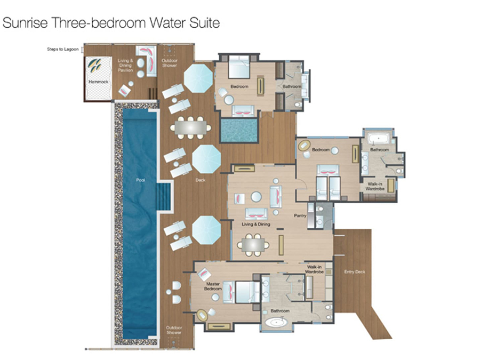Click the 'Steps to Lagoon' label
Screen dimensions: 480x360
coord(63,49)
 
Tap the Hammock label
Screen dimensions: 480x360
coord(98,82)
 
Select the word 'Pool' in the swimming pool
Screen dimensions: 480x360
coord(140,180)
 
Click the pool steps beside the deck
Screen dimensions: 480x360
coord(164,196)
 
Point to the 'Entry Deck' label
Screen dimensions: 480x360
coord(355,272)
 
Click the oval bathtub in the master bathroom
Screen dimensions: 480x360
coord(276,322)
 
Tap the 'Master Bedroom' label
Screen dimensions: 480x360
coord(213,286)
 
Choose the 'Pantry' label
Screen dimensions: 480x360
coord(300,215)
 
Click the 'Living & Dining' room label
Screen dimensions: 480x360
coord(256,224)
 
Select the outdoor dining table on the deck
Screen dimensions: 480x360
coord(190,127)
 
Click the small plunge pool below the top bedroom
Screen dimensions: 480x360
coord(239,131)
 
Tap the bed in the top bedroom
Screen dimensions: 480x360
coord(239,67)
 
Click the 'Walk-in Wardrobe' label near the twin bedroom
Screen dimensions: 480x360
coord(375,187)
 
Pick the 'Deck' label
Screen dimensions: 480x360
coord(200,180)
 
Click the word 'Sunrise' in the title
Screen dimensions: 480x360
coord(25,22)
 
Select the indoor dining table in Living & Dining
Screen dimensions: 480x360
coord(253,245)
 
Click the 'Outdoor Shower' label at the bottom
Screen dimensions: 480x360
coord(173,330)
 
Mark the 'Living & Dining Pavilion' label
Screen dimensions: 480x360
coord(125,65)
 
